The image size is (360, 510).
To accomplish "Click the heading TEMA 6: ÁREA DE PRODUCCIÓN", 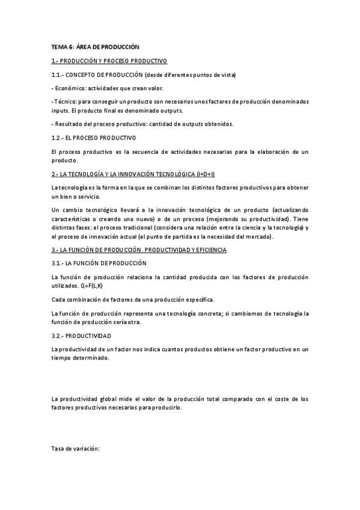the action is tap(95, 48).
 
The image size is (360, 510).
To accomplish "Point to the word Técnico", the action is tap(64, 102).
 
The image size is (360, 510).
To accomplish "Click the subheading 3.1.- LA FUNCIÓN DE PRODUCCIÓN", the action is tap(98, 263).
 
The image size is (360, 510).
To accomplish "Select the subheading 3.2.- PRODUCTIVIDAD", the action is tap(81, 336).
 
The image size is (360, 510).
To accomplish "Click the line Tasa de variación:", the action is tap(76, 449).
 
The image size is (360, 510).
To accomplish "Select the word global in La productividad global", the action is tap(106, 399).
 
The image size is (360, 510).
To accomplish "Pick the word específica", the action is tap(200, 300).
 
